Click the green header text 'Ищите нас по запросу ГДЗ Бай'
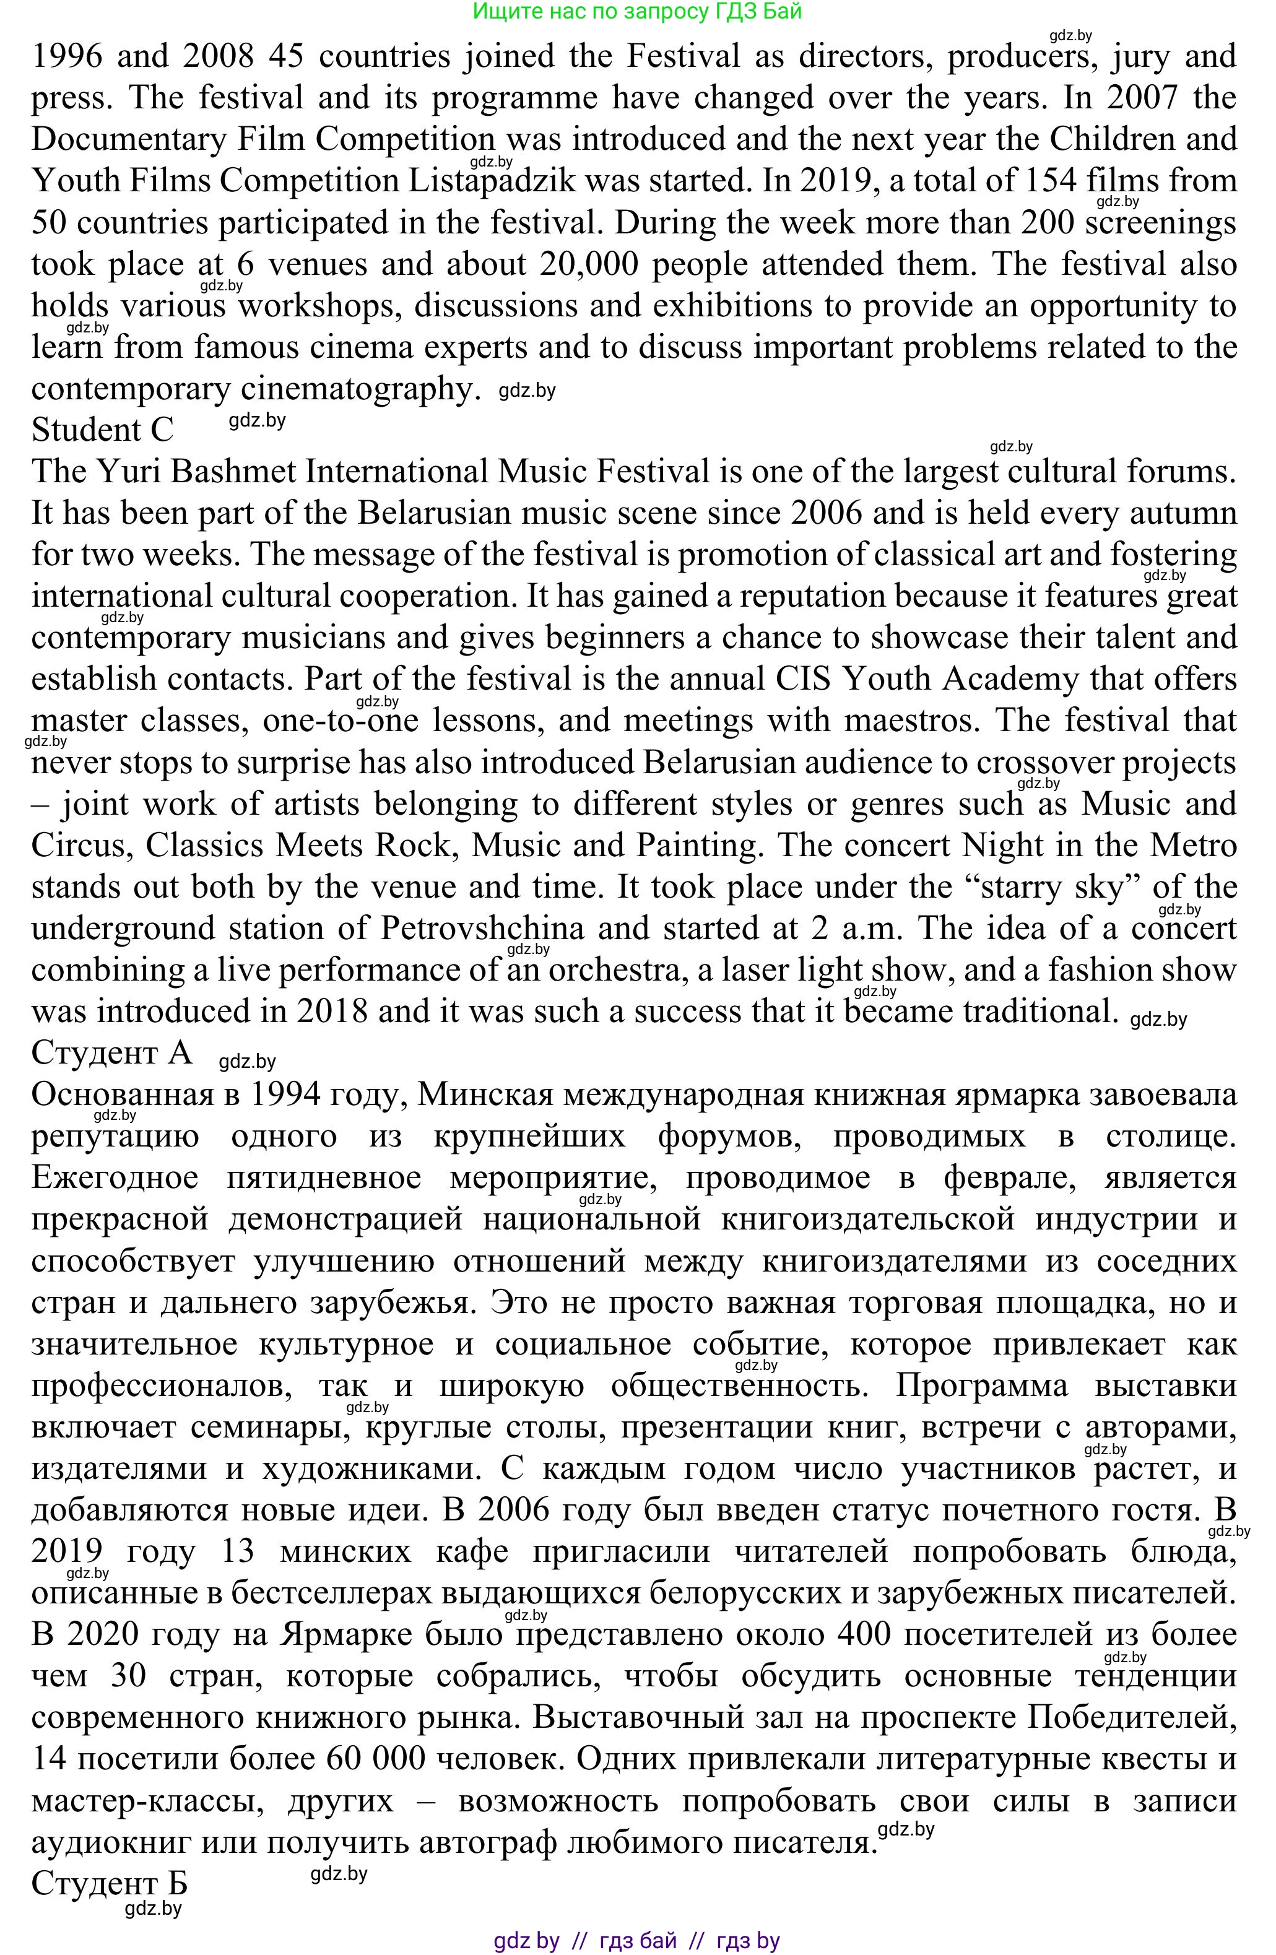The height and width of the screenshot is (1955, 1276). [637, 12]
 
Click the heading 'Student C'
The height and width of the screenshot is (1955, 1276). [103, 430]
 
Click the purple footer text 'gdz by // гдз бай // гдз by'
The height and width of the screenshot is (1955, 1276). [637, 1940]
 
